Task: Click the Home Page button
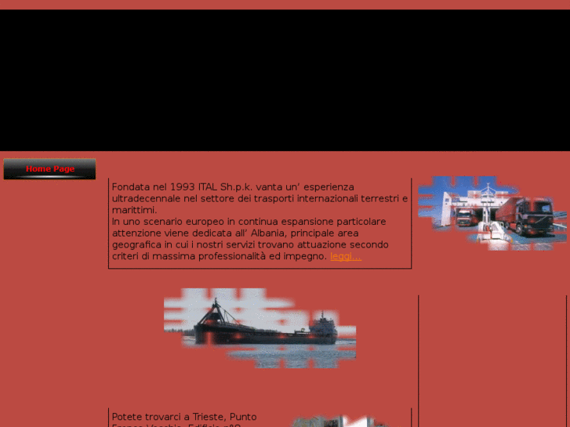49,168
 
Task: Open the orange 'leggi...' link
346,256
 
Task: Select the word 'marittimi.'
134,210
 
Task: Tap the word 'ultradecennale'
146,199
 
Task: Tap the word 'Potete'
128,417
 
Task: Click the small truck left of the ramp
464,217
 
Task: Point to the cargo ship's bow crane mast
212,310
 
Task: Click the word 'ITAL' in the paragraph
207,187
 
